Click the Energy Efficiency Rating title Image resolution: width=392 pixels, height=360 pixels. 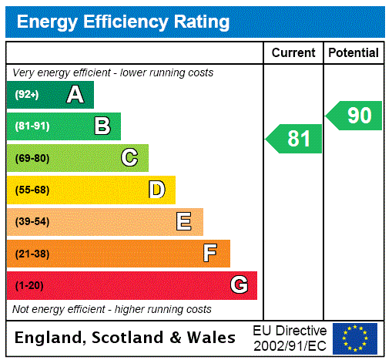pyautogui.click(x=123, y=22)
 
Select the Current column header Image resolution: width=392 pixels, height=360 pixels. pyautogui.click(x=293, y=53)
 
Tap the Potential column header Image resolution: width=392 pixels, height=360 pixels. pyautogui.click(x=353, y=53)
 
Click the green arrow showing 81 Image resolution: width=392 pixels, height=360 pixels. pyautogui.click(x=295, y=139)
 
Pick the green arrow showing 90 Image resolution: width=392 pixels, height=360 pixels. pyautogui.click(x=355, y=116)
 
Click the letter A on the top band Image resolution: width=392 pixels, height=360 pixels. pyautogui.click(x=75, y=95)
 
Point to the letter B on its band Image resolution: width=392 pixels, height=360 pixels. pyautogui.click(x=102, y=126)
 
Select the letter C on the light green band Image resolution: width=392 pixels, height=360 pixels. pyautogui.click(x=129, y=158)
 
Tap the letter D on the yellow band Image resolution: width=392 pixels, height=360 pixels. pyautogui.click(x=156, y=190)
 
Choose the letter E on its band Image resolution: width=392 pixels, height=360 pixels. pyautogui.click(x=184, y=222)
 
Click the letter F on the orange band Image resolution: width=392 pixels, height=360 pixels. pyautogui.click(x=210, y=254)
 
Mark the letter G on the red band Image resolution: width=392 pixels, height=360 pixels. pyautogui.click(x=239, y=285)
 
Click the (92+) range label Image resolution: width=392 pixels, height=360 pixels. pyautogui.click(x=27, y=96)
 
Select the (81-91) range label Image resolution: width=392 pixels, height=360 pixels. pyautogui.click(x=32, y=126)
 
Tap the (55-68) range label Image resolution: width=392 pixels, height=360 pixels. pyautogui.click(x=32, y=190)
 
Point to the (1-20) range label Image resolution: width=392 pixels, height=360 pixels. pyautogui.click(x=29, y=286)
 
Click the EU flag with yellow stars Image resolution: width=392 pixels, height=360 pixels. pyautogui.click(x=355, y=338)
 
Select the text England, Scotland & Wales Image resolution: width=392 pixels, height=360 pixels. pyautogui.click(x=126, y=338)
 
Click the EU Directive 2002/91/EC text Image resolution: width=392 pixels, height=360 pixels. pyautogui.click(x=290, y=338)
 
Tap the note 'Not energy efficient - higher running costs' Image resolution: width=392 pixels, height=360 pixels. pyautogui.click(x=112, y=309)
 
